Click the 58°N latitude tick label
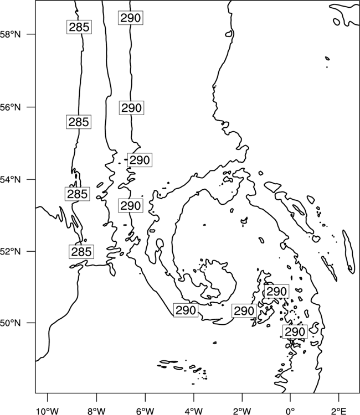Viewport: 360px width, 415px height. (10, 34)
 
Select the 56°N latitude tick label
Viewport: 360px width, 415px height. (10, 107)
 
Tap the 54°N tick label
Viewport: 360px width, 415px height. (10, 179)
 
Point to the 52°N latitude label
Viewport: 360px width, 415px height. (10, 251)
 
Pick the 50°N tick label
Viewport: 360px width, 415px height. (10, 323)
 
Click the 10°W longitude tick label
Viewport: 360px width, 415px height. (48, 411)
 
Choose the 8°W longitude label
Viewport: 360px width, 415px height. (96, 411)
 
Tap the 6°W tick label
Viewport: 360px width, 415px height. (145, 411)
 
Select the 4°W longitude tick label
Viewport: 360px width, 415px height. (194, 411)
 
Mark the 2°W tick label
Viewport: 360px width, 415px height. (242, 411)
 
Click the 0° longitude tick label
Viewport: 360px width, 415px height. (290, 411)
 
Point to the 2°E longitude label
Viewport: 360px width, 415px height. (339, 411)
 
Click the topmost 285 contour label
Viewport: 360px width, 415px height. (79, 27)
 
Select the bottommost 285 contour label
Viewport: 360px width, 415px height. (81, 252)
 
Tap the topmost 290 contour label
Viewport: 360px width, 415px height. (131, 18)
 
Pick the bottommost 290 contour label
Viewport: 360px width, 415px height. (295, 331)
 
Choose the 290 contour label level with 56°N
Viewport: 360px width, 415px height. (131, 108)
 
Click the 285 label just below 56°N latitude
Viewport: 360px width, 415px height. (79, 122)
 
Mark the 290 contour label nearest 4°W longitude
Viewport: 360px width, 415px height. (186, 310)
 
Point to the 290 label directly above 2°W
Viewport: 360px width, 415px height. (244, 311)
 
